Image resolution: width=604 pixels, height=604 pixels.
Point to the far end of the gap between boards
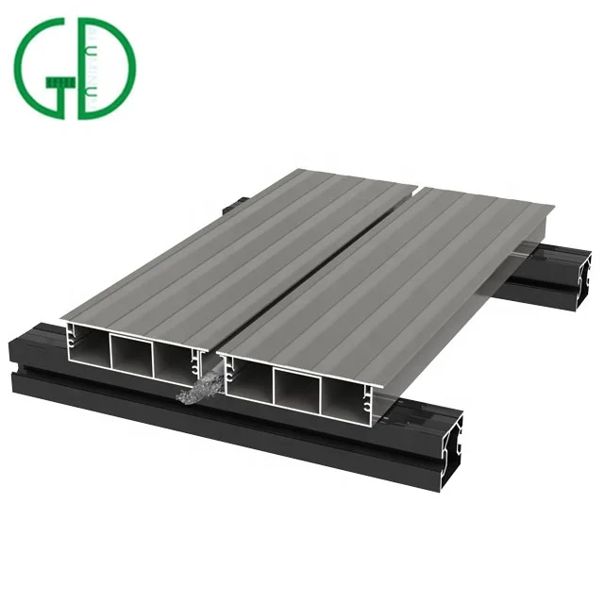(x=415, y=186)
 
